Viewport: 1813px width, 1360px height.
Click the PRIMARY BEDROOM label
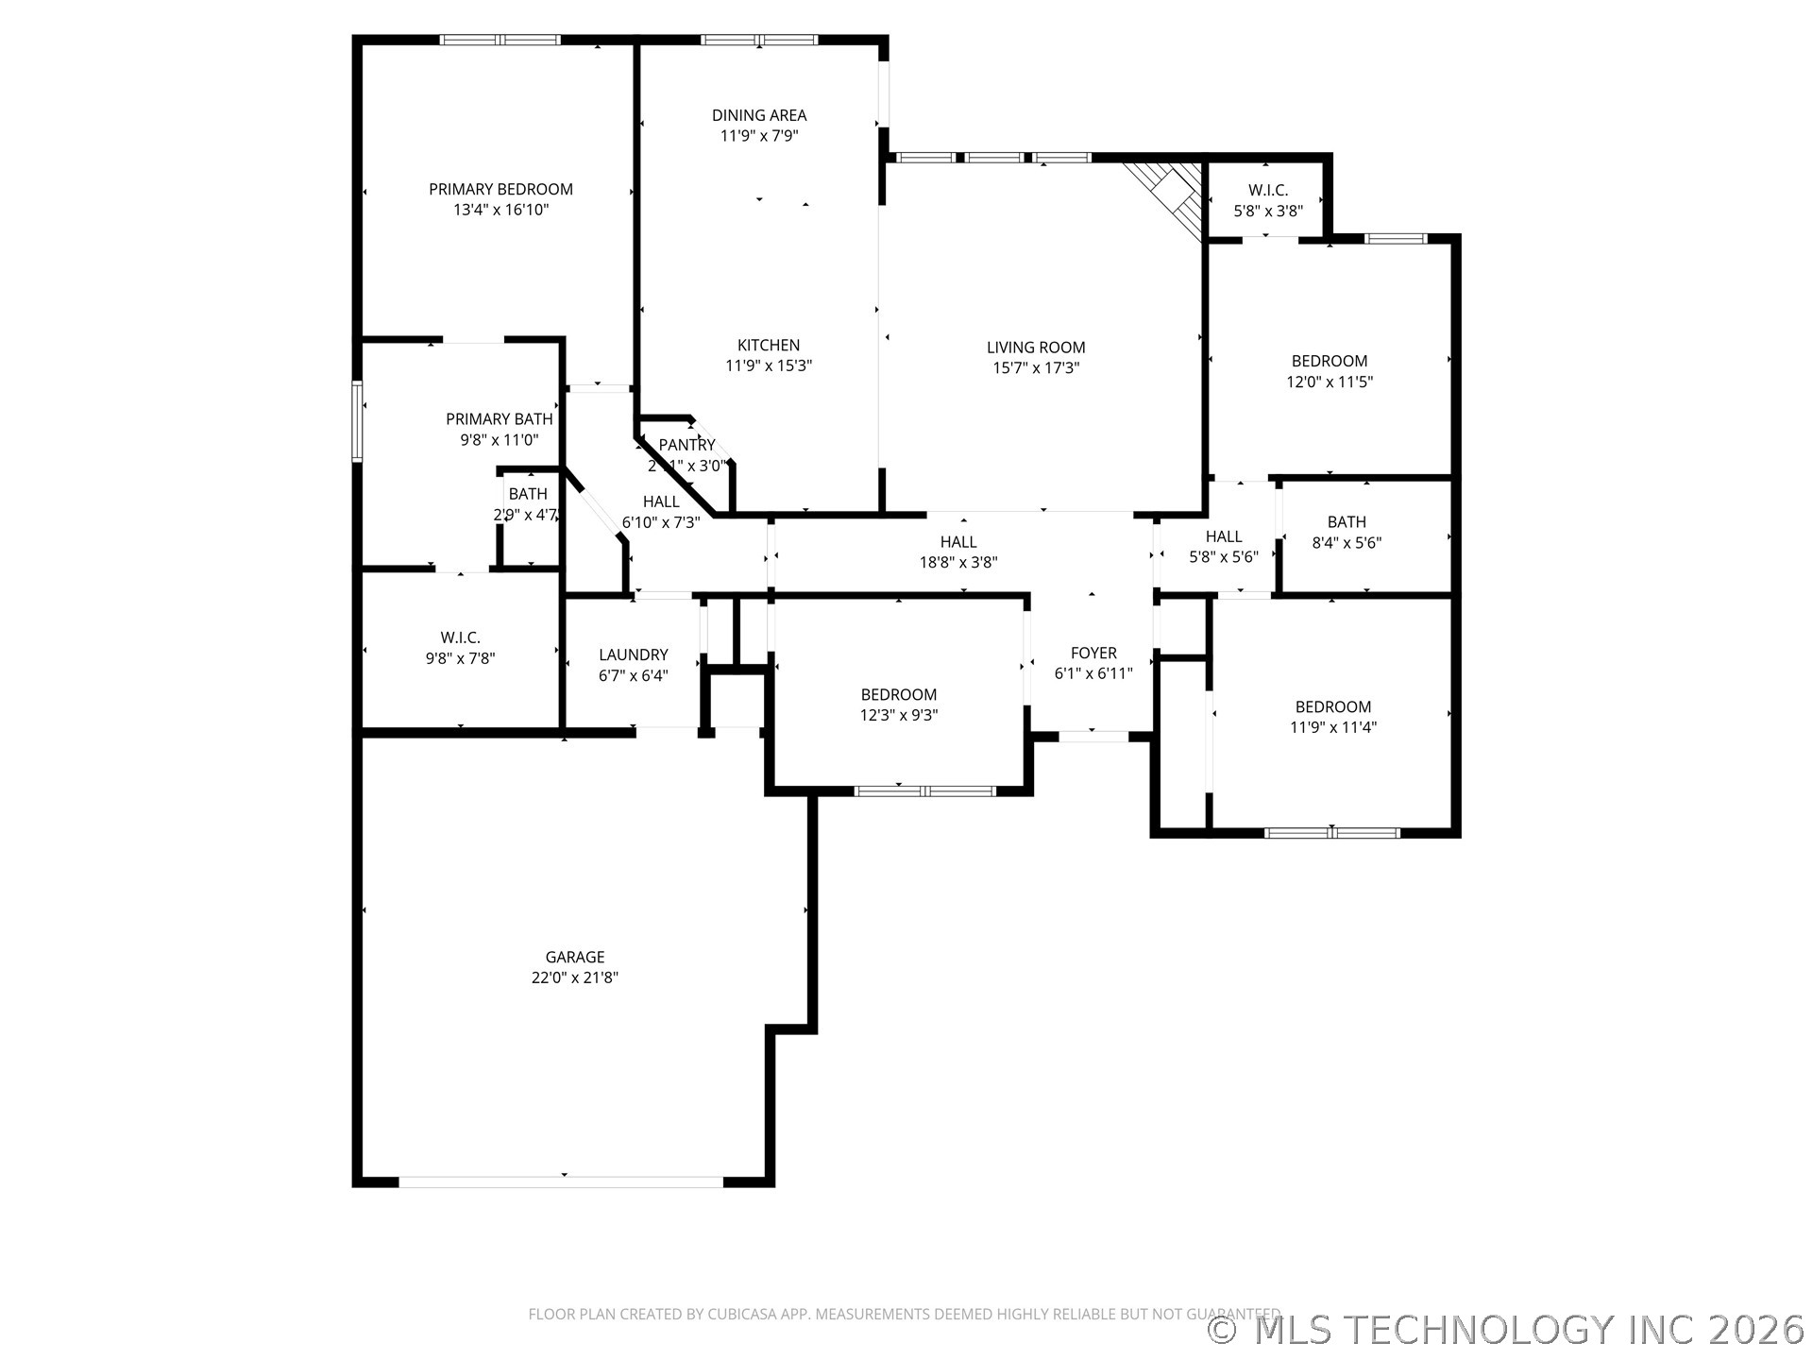(500, 189)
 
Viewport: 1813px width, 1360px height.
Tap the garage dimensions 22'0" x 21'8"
(574, 977)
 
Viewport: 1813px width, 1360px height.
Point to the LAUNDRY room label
(633, 654)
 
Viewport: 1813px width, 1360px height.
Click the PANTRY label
(686, 445)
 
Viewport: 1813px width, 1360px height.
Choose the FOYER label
(1093, 653)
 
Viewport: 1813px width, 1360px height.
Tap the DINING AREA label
(759, 115)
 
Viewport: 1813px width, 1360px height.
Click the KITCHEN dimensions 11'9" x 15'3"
(769, 366)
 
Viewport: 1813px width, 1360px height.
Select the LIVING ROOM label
(1036, 348)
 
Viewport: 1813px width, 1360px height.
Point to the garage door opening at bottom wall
(562, 1181)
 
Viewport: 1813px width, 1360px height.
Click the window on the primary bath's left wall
(357, 421)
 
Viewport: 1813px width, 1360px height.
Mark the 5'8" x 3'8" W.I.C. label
(1268, 191)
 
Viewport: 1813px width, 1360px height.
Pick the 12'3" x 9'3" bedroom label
(898, 695)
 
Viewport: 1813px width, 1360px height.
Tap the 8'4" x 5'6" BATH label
(1346, 521)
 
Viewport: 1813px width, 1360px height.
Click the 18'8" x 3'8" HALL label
(957, 542)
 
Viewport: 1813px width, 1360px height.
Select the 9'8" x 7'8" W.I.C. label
(460, 638)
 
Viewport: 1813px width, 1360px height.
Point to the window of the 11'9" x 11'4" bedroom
(1331, 833)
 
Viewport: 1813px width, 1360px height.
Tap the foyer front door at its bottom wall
(1093, 736)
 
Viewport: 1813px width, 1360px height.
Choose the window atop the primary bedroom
(500, 40)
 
